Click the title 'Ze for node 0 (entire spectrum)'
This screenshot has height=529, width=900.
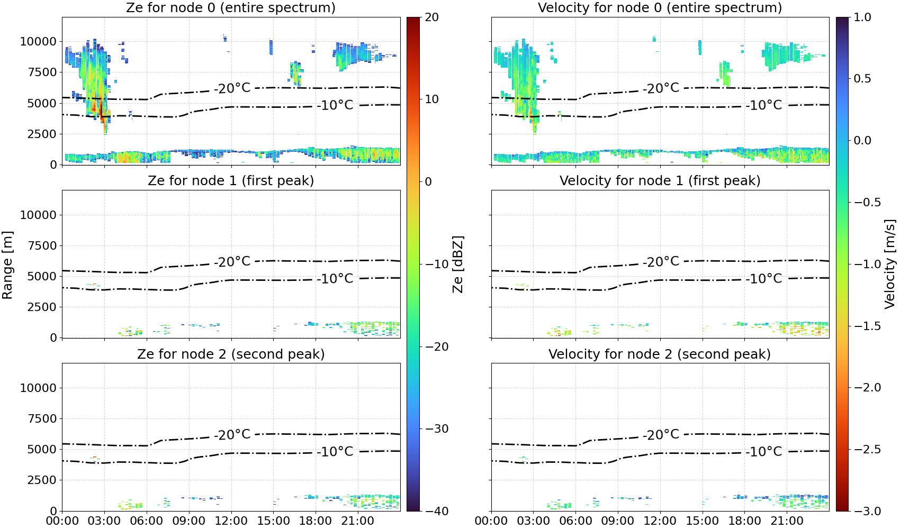[231, 7]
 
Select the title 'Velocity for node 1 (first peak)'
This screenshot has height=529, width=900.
[660, 180]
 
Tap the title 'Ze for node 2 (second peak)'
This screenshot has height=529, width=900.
[231, 354]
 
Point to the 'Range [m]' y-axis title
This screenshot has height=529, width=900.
[7, 265]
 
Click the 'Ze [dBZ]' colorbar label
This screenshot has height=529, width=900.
[457, 264]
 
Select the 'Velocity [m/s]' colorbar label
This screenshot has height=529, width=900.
[890, 264]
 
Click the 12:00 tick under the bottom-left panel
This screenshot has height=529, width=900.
[231, 521]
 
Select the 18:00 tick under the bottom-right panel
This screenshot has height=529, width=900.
[744, 521]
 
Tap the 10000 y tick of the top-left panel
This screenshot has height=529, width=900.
[39, 41]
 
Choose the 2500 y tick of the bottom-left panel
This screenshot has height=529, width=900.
[42, 480]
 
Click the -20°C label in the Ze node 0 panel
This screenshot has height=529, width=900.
[232, 88]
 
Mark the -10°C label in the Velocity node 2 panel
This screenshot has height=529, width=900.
[764, 452]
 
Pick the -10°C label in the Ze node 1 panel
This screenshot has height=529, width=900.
[335, 279]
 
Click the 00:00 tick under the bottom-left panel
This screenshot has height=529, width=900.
[62, 521]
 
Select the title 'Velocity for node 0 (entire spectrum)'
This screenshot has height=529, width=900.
[660, 7]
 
